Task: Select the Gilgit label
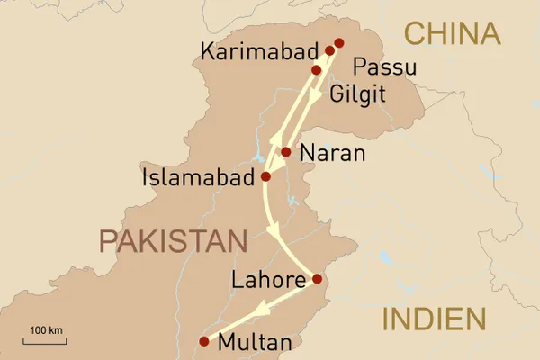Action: [361, 94]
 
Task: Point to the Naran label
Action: [332, 154]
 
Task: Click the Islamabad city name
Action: [197, 179]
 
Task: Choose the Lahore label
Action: [267, 281]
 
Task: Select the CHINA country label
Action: [452, 34]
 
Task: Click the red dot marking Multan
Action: [203, 341]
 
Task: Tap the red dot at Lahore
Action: [317, 279]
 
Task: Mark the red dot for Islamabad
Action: [265, 177]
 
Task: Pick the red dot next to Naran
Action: [286, 152]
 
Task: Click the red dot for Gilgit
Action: [316, 69]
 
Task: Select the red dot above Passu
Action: [339, 42]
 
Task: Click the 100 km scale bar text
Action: [47, 330]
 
